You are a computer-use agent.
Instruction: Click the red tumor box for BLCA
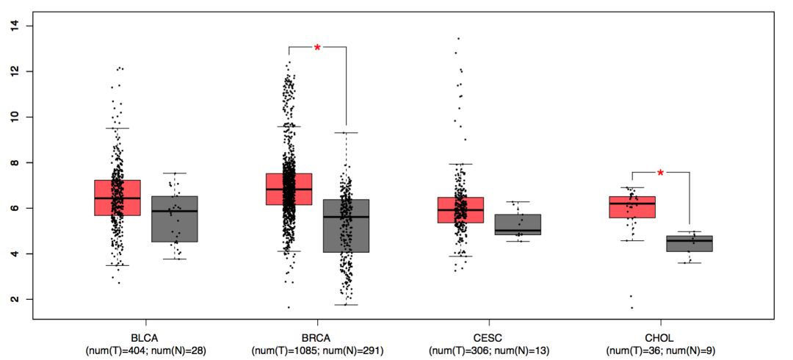117,198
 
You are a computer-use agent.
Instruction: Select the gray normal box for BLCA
175,218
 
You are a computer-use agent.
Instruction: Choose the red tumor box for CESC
460,209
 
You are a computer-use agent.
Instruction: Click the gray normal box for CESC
518,224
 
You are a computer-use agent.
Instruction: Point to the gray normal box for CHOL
689,243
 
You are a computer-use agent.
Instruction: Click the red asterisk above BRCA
317,48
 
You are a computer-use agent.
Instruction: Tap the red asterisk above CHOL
660,173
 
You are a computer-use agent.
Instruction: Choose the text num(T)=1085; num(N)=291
317,350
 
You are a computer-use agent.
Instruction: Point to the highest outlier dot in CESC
458,38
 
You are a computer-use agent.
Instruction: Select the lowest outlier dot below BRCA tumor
288,307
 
